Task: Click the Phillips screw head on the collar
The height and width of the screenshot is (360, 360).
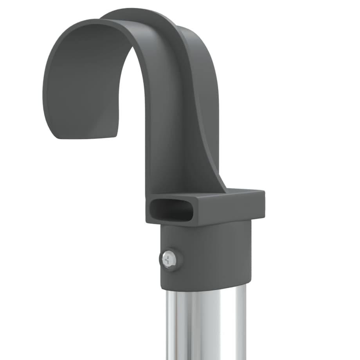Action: [x=169, y=259]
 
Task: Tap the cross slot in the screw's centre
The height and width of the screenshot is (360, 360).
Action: [x=169, y=259]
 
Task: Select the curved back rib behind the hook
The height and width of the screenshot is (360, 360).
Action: [x=203, y=98]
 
